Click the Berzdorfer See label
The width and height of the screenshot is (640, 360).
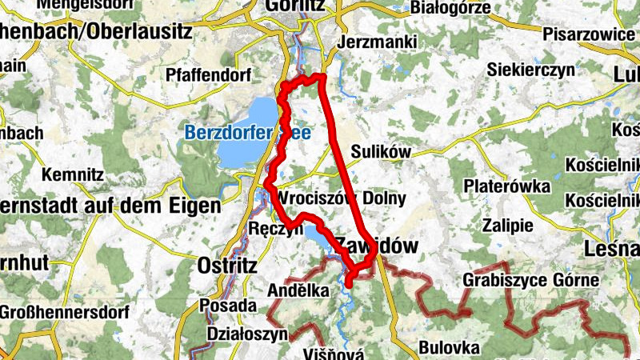235,133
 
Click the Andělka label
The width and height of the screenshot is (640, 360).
298,291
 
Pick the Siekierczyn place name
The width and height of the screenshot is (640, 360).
531,70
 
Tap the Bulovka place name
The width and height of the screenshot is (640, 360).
449,348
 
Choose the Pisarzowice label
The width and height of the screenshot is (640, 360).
588,35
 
